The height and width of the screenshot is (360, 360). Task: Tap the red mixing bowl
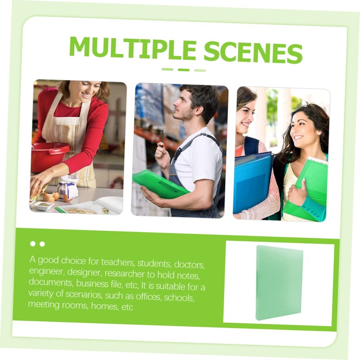[x=49, y=156]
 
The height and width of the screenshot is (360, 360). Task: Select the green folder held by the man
[x=160, y=184]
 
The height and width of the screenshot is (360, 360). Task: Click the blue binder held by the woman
[x=252, y=183]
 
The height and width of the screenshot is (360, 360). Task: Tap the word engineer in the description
[x=47, y=271]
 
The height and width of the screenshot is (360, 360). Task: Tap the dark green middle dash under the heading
[x=184, y=70]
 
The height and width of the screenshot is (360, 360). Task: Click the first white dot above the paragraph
[x=33, y=244]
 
